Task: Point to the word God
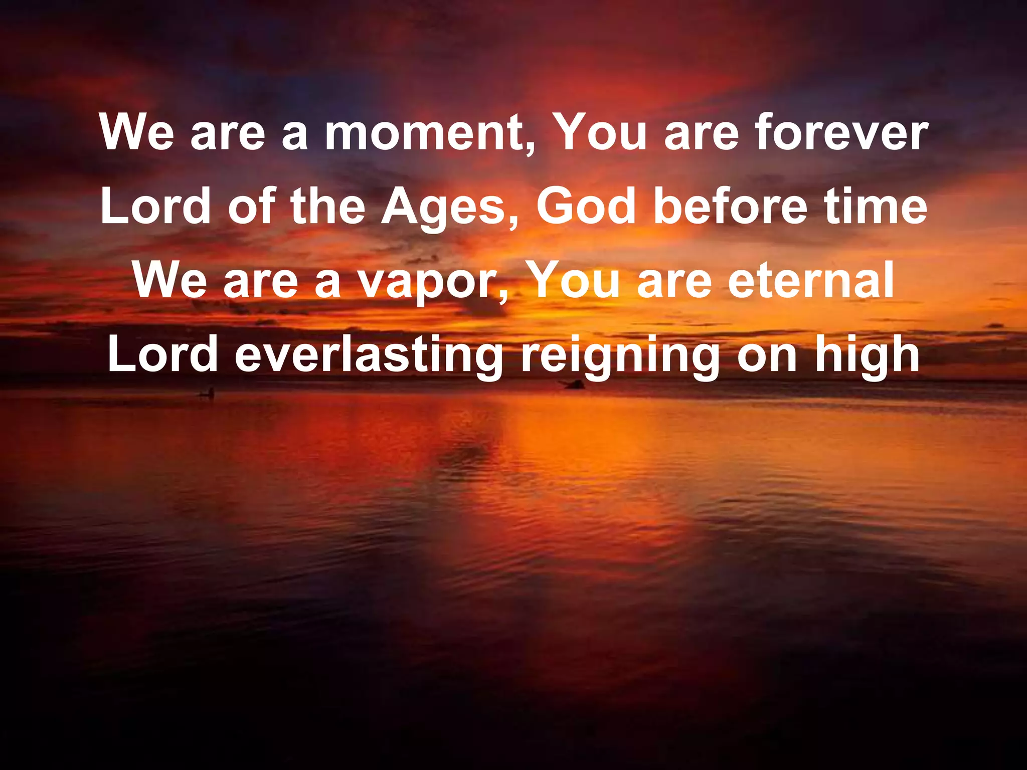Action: click(x=586, y=207)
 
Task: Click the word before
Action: click(x=730, y=207)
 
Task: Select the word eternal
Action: click(x=811, y=280)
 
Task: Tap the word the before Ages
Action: click(x=328, y=207)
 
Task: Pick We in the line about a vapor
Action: click(x=169, y=280)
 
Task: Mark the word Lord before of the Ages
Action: click(x=155, y=207)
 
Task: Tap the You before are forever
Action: click(x=601, y=133)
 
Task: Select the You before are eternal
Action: click(x=574, y=280)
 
